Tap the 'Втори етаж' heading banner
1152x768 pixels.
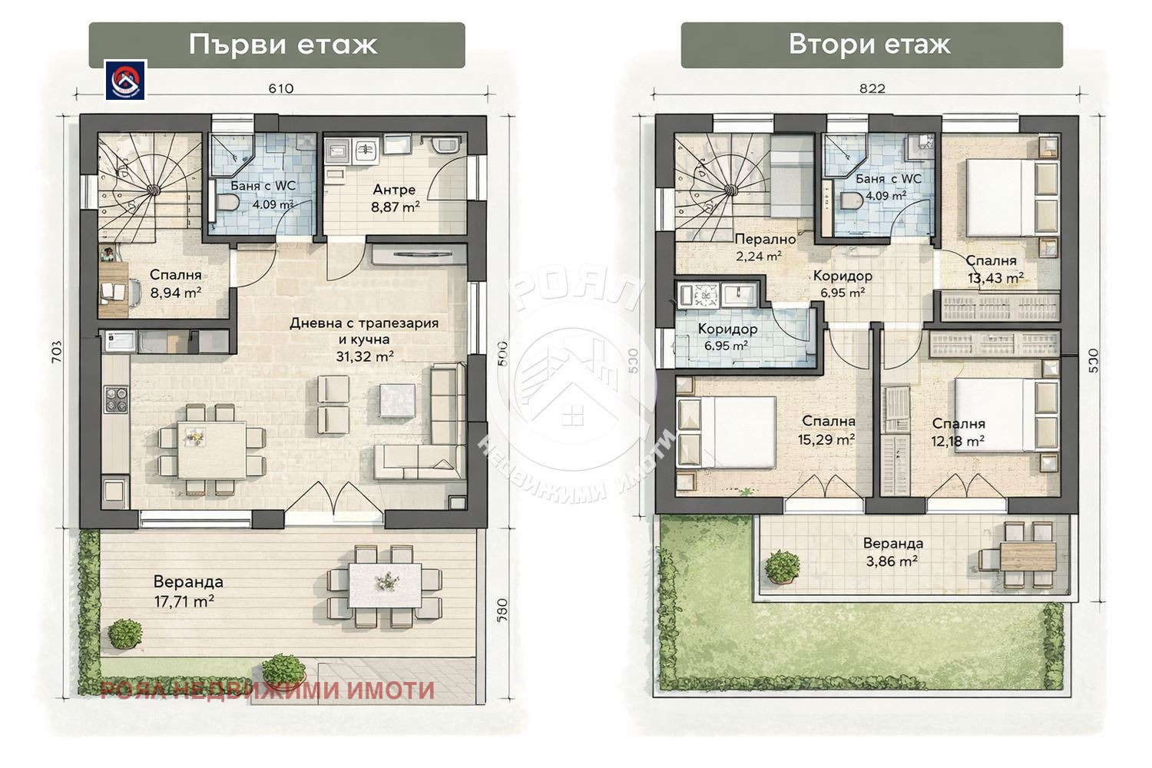click(x=871, y=45)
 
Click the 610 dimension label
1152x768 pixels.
click(x=281, y=88)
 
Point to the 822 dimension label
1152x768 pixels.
click(x=872, y=88)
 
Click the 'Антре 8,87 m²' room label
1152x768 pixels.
click(x=395, y=197)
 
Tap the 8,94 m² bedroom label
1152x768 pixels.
click(x=175, y=283)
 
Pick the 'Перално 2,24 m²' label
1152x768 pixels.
click(x=764, y=247)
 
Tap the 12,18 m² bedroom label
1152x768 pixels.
click(x=958, y=432)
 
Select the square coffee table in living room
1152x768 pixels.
click(x=399, y=400)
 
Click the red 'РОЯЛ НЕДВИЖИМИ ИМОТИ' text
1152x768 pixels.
click(x=267, y=690)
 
